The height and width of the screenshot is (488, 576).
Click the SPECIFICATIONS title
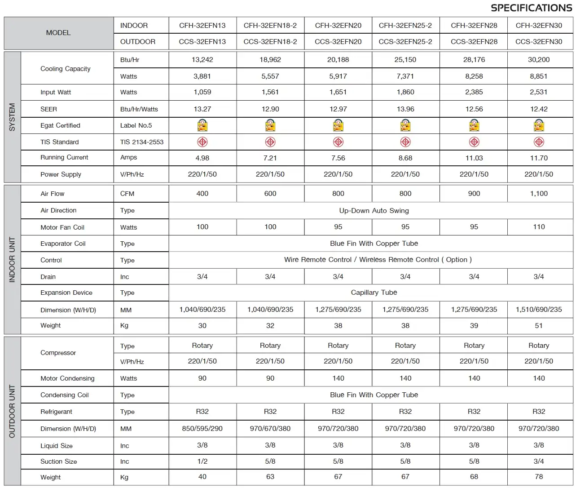point(531,8)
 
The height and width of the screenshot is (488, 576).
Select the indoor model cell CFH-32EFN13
point(202,26)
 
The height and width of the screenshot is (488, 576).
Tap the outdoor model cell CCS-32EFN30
point(539,42)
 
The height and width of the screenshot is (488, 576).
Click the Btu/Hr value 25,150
point(405,60)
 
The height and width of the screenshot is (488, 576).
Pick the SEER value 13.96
point(405,109)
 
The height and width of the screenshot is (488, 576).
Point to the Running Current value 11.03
point(474,158)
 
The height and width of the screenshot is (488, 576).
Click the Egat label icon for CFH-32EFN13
point(202,125)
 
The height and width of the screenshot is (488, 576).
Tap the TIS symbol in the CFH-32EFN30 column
point(539,142)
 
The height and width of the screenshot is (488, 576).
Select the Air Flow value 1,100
point(539,194)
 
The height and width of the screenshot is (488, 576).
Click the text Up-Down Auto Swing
point(374,211)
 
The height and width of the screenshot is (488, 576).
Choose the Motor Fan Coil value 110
point(539,227)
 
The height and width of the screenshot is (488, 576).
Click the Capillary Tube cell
point(374,293)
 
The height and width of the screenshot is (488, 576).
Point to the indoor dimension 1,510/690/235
point(539,310)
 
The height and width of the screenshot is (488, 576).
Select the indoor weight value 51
point(539,326)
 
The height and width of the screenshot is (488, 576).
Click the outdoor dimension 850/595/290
point(202,429)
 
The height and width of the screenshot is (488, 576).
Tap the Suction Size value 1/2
point(202,461)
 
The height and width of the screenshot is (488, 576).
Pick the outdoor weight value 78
point(539,477)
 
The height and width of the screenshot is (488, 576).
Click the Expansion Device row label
point(66,293)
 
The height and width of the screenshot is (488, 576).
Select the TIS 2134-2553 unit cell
point(141,142)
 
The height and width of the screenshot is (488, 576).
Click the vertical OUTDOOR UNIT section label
point(12,411)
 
